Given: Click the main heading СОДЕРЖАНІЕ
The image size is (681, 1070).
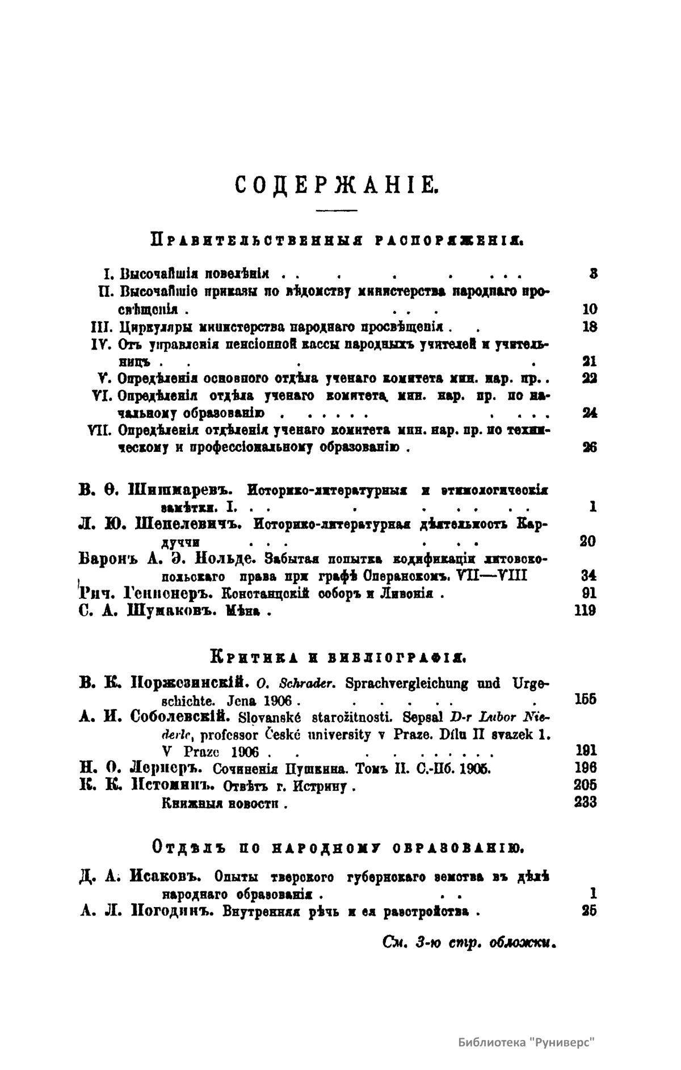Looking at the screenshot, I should (x=335, y=184).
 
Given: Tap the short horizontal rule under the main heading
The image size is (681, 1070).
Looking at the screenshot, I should (x=335, y=211).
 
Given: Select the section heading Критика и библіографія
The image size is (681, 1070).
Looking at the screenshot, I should (x=338, y=659).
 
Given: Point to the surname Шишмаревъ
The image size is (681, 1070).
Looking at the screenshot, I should (x=178, y=489).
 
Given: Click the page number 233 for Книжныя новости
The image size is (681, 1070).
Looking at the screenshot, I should (x=585, y=802).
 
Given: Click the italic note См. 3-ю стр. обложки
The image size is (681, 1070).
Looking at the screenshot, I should (x=469, y=941).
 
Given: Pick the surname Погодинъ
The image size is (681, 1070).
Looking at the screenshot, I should (x=173, y=912).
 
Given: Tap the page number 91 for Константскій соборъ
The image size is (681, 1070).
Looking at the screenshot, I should (x=588, y=594).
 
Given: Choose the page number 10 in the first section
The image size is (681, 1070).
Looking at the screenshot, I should (x=589, y=309).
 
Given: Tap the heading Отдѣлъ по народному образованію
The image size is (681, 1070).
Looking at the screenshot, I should (x=338, y=847).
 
